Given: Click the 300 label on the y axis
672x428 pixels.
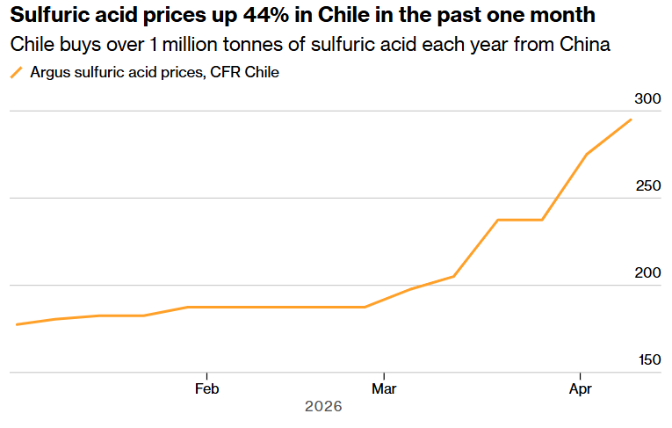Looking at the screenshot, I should point(647,99).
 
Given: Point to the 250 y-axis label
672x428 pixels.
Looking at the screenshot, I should point(647,186).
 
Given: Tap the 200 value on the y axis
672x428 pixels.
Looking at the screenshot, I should point(647,273).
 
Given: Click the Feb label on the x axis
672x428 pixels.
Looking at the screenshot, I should point(206,388).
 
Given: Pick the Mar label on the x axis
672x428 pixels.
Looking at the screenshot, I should point(383,388).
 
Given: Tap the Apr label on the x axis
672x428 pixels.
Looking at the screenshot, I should point(580,388).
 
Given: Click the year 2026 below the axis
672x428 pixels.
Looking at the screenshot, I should point(322,407).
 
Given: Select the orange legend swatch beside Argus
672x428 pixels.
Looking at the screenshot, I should point(16,74).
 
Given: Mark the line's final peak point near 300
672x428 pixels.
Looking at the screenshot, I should point(631,120).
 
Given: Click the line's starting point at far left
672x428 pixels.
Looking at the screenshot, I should point(16,324).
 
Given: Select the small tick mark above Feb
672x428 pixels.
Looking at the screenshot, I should point(206,375).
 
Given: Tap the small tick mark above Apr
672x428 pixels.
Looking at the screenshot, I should point(580,375).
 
